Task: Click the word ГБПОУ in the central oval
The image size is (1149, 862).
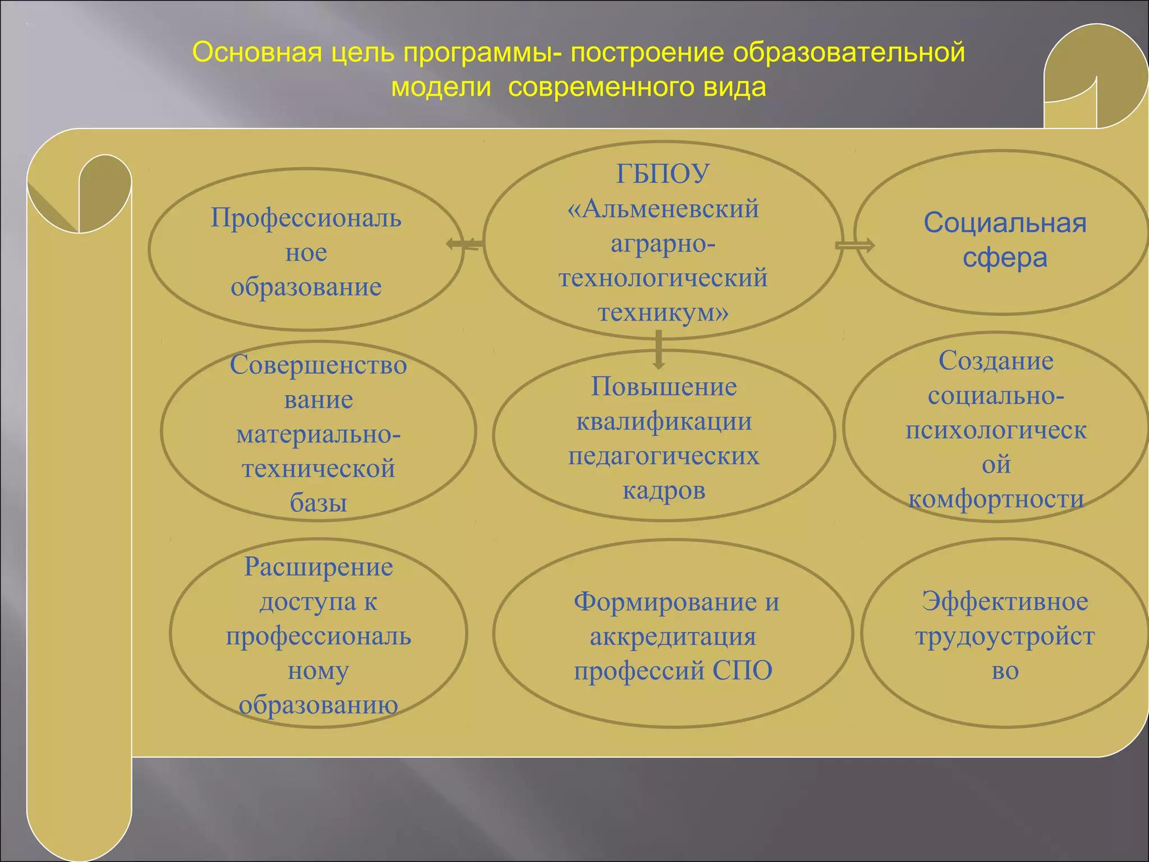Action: coord(663,174)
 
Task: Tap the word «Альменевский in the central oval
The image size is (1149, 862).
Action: coord(663,209)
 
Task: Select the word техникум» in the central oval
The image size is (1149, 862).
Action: coord(663,313)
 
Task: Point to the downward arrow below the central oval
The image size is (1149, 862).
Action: coord(659,350)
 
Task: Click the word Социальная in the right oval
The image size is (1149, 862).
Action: coord(1005,223)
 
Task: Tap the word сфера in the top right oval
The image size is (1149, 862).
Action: coord(1005,258)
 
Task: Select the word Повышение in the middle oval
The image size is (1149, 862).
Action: coord(664,387)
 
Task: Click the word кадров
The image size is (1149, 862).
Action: coord(664,490)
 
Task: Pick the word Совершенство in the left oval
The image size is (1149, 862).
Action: coord(318,365)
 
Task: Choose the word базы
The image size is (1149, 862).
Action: coord(318,503)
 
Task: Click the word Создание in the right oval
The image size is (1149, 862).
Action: coord(996,361)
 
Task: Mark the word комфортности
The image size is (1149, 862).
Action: coord(996,499)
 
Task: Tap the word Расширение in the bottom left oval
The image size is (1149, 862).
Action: coord(318,567)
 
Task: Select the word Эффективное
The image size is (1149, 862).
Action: coord(1005,602)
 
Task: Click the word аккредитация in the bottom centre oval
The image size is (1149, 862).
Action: coord(673,636)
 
